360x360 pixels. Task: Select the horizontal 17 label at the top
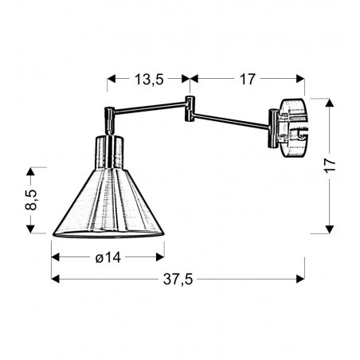pyautogui.click(x=247, y=79)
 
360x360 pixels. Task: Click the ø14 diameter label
pyautogui.click(x=108, y=258)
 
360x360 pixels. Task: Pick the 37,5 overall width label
pyautogui.click(x=178, y=279)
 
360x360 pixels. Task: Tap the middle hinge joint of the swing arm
pyautogui.click(x=190, y=109)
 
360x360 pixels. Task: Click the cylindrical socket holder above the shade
pyautogui.click(x=110, y=151)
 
